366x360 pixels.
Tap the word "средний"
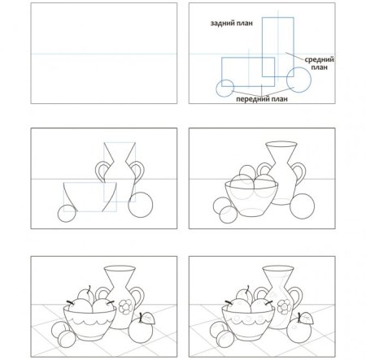pos(319,59)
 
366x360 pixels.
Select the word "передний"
pos(251,99)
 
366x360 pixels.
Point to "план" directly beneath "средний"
pos(319,67)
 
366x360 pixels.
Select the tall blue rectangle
pos(263,47)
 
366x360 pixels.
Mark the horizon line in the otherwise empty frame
pos(104,54)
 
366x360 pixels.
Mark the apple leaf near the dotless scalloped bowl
pos(148,319)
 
